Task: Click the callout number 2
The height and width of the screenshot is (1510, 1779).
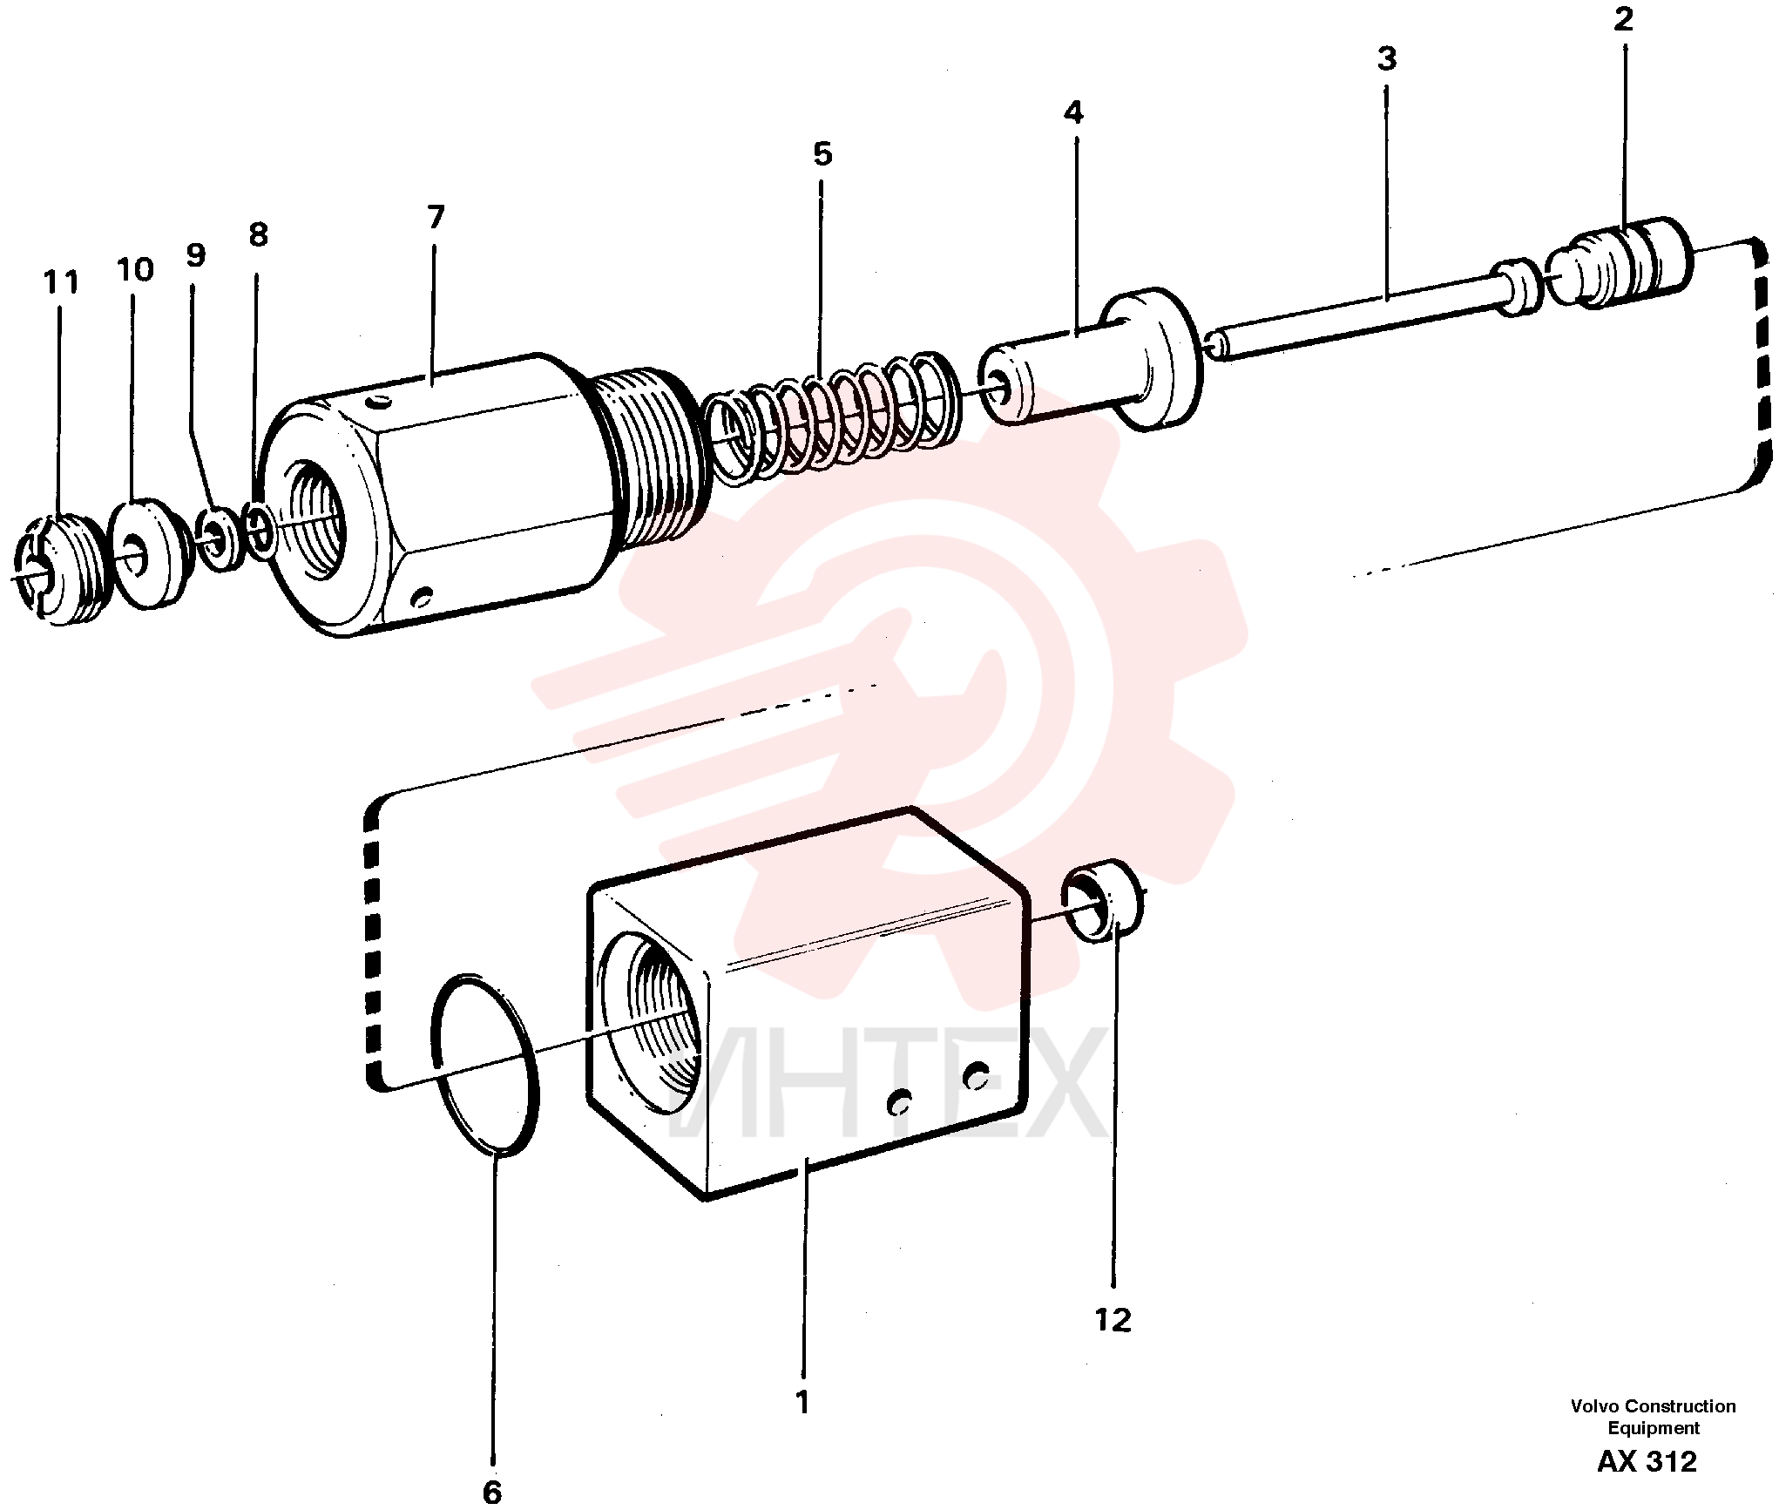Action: (1623, 19)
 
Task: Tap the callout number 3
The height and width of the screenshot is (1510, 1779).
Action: (1387, 59)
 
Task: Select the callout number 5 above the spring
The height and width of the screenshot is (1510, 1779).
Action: (822, 154)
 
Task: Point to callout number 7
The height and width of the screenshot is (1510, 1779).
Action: (436, 217)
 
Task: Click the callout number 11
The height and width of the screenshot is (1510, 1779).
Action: (61, 282)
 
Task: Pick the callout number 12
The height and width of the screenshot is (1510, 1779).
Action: (1113, 1320)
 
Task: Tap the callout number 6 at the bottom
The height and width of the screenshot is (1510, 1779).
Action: (492, 1493)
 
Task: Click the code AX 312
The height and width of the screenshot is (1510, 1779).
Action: (1647, 1461)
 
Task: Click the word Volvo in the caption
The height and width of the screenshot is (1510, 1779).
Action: (1595, 1406)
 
